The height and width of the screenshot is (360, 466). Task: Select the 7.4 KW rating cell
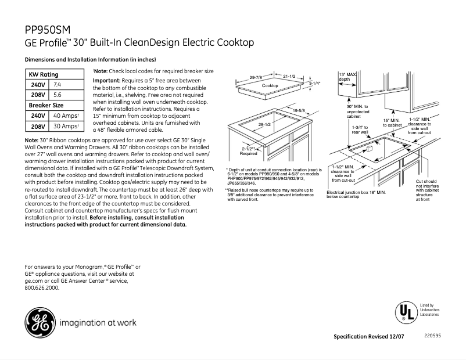(58, 85)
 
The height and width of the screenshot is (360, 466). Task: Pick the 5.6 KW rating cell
(58, 94)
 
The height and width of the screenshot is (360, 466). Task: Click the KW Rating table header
(44, 75)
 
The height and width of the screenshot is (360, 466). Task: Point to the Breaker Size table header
(46, 105)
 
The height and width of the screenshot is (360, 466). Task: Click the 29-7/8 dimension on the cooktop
(256, 77)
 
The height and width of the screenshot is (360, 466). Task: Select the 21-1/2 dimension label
(289, 77)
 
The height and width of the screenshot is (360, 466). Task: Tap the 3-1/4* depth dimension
(314, 84)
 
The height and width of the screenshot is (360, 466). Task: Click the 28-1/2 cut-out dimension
(265, 125)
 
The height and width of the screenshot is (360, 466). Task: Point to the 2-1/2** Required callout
(248, 152)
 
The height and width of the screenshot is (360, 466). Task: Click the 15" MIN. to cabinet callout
(392, 123)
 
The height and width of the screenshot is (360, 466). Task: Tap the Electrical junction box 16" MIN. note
(356, 195)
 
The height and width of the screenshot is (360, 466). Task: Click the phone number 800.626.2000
(42, 287)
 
